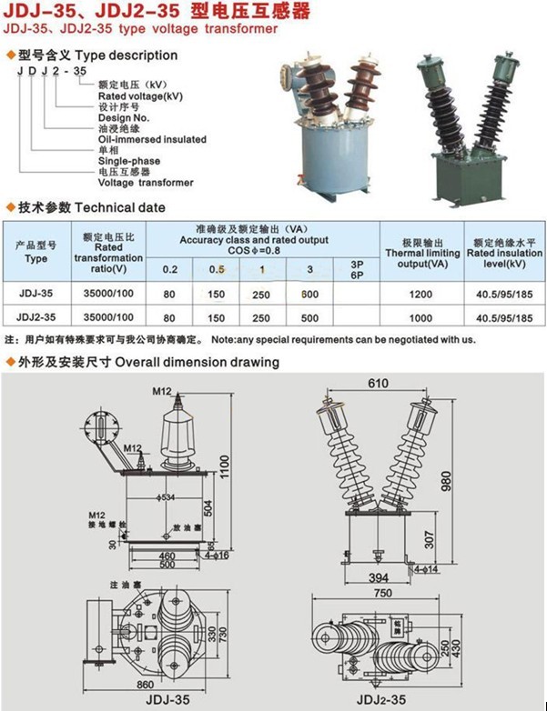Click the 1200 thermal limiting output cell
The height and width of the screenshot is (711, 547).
421,294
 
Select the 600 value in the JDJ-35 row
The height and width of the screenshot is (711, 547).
309,294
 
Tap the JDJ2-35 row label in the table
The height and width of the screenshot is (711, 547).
36,317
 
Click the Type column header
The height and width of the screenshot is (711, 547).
36,252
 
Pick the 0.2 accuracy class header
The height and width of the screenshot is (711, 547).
170,270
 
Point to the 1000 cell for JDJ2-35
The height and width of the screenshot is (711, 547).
421,317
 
